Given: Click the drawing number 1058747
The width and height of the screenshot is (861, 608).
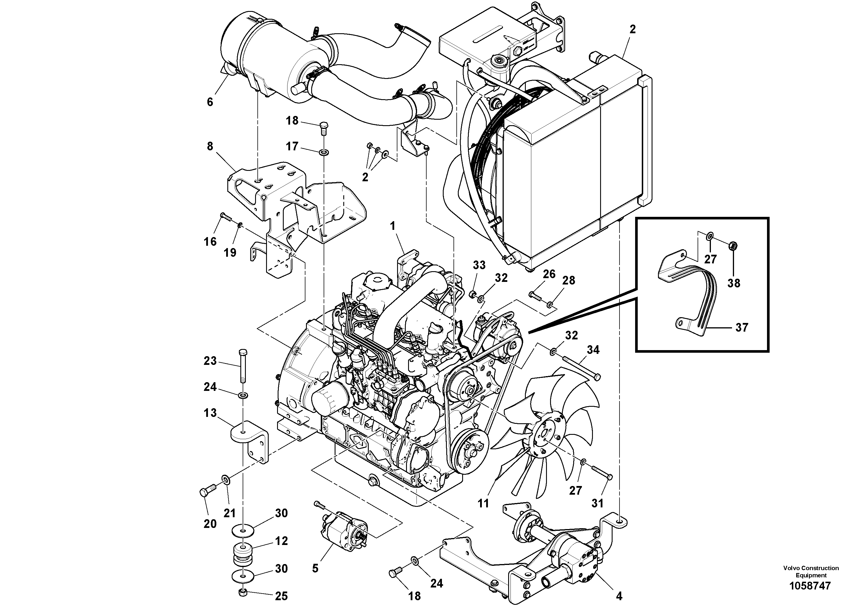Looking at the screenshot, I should (810, 585).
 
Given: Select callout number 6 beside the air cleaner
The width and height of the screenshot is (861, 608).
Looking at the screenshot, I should (210, 102).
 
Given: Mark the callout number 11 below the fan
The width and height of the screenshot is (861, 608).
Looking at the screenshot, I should (483, 503).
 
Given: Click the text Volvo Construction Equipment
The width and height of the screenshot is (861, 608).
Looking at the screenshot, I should (810, 572).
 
